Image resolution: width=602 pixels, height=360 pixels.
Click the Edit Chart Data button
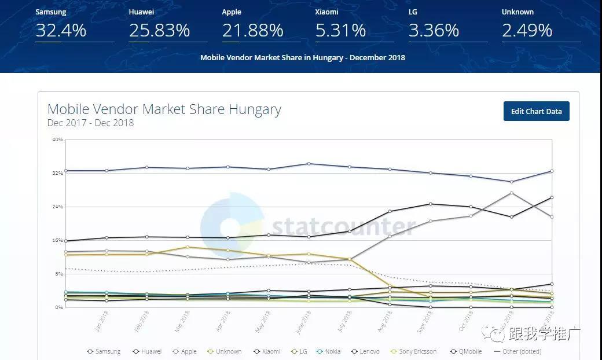pyautogui.click(x=536, y=111)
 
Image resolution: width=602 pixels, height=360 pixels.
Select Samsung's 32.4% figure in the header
pyautogui.click(x=61, y=31)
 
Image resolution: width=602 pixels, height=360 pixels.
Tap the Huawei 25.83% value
pyautogui.click(x=159, y=31)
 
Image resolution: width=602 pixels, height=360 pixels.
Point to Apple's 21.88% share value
pyautogui.click(x=252, y=31)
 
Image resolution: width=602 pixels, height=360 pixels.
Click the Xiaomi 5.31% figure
pyautogui.click(x=340, y=31)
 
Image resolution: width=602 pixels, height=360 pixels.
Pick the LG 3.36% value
pyautogui.click(x=434, y=31)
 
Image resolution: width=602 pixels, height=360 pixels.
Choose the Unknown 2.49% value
pyautogui.click(x=527, y=31)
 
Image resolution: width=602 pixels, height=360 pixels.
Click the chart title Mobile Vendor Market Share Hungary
pyautogui.click(x=164, y=109)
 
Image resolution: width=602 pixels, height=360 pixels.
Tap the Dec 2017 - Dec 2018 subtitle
pyautogui.click(x=90, y=123)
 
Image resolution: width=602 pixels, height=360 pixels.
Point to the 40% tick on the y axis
pyautogui.click(x=57, y=139)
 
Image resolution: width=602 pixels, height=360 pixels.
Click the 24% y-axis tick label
pyautogui.click(x=57, y=207)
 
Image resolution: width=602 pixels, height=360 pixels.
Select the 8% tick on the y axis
pyautogui.click(x=58, y=274)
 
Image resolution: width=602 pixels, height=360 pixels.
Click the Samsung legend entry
pyautogui.click(x=104, y=351)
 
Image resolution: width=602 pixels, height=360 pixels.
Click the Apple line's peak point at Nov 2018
pyautogui.click(x=511, y=193)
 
